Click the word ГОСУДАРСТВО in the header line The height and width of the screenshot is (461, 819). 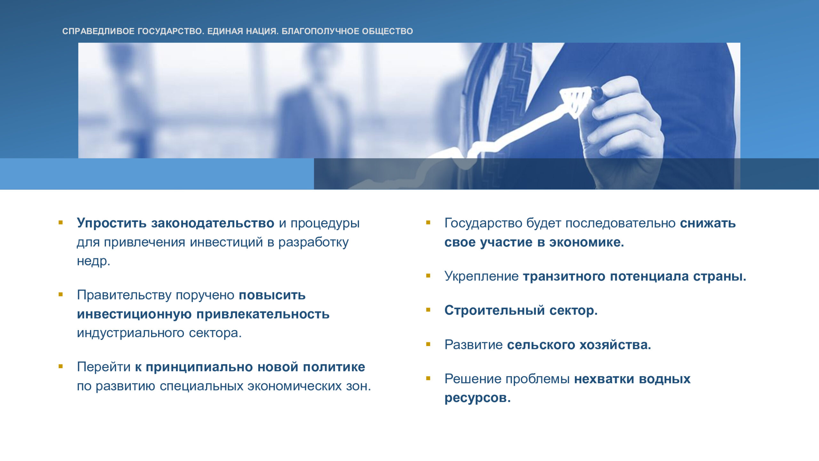(171, 31)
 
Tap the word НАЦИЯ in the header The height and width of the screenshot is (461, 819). (262, 31)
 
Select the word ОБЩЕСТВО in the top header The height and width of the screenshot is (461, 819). (387, 31)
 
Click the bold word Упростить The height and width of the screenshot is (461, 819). (112, 223)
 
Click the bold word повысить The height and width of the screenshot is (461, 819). (272, 295)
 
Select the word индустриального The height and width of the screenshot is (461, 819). (131, 333)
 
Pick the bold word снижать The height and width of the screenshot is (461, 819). (708, 223)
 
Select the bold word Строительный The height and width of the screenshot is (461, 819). (495, 310)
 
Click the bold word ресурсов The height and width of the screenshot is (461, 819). (477, 398)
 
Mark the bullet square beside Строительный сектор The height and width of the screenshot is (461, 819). (428, 310)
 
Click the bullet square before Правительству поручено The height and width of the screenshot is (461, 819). (60, 294)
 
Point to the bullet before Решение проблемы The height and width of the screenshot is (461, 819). (428, 378)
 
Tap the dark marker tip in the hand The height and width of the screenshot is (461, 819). (597, 93)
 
